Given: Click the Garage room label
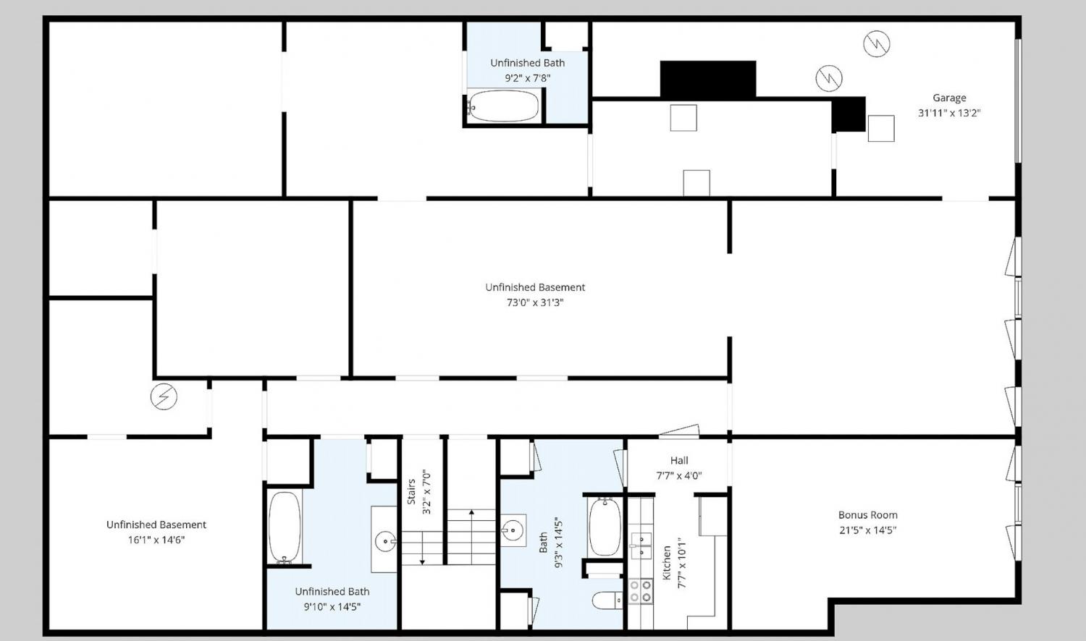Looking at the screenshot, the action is click(x=949, y=98).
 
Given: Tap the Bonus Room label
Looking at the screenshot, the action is click(x=868, y=515).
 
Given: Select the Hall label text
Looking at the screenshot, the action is click(x=679, y=460).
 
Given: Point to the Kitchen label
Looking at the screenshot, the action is click(x=667, y=563).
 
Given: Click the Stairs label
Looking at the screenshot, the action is click(x=411, y=492).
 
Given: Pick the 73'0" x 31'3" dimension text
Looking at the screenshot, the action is click(x=535, y=303).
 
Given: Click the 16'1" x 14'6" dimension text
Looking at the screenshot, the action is click(x=156, y=540).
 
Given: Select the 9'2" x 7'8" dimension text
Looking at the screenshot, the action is click(x=528, y=78).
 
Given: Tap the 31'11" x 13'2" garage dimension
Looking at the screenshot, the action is click(x=949, y=113).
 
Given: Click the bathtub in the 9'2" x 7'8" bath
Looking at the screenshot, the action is click(x=503, y=106).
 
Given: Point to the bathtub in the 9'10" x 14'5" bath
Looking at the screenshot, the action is click(x=285, y=527).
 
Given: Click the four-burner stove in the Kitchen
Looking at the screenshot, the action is click(x=641, y=592).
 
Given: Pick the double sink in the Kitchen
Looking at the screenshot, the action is click(x=641, y=546).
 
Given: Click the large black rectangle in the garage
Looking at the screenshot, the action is click(x=708, y=79).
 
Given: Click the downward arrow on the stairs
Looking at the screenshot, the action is click(x=422, y=548).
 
